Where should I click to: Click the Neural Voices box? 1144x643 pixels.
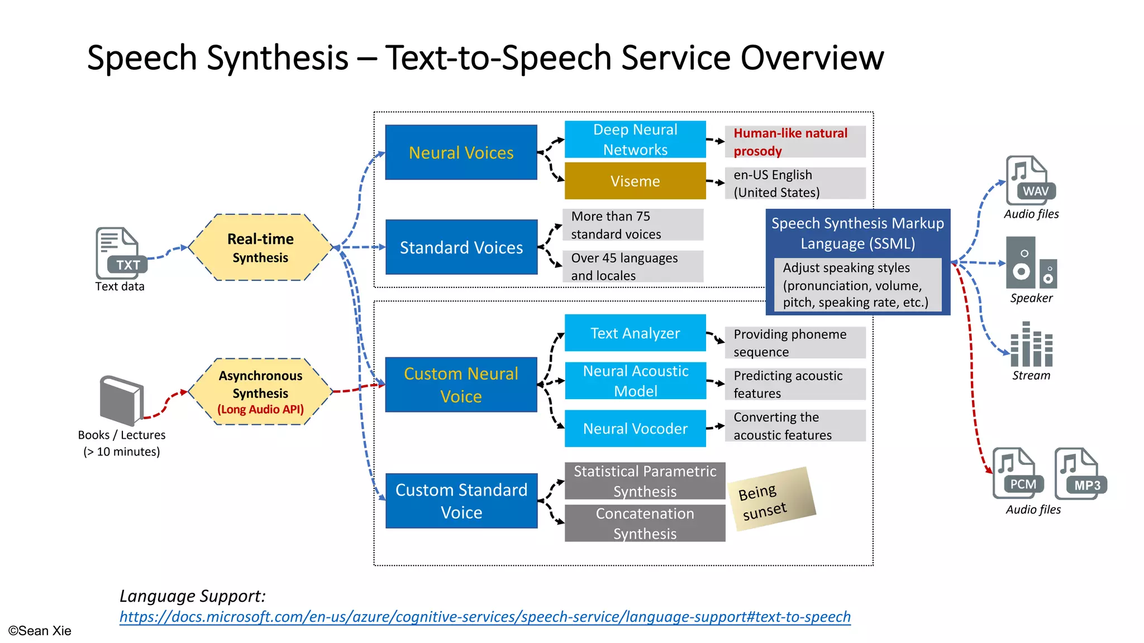tap(461, 152)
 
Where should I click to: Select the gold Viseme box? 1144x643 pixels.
tap(635, 181)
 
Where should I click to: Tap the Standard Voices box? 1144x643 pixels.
tap(461, 247)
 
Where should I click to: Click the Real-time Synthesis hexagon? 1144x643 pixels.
tap(260, 247)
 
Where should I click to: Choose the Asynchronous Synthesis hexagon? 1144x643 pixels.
tap(260, 392)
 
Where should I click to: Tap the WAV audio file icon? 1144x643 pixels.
tap(1029, 181)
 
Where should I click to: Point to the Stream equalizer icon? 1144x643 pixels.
tap(1031, 344)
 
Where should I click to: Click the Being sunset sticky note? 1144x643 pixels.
tap(771, 498)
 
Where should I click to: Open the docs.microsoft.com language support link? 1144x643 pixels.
tap(485, 617)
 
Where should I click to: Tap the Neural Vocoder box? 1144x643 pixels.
tap(635, 428)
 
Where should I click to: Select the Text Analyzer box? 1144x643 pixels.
tap(635, 333)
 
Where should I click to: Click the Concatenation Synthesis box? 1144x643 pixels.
tap(645, 524)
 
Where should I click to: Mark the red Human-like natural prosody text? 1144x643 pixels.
tap(790, 142)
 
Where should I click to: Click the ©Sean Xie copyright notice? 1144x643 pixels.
tap(40, 631)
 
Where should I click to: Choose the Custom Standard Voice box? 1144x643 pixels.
tap(461, 501)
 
